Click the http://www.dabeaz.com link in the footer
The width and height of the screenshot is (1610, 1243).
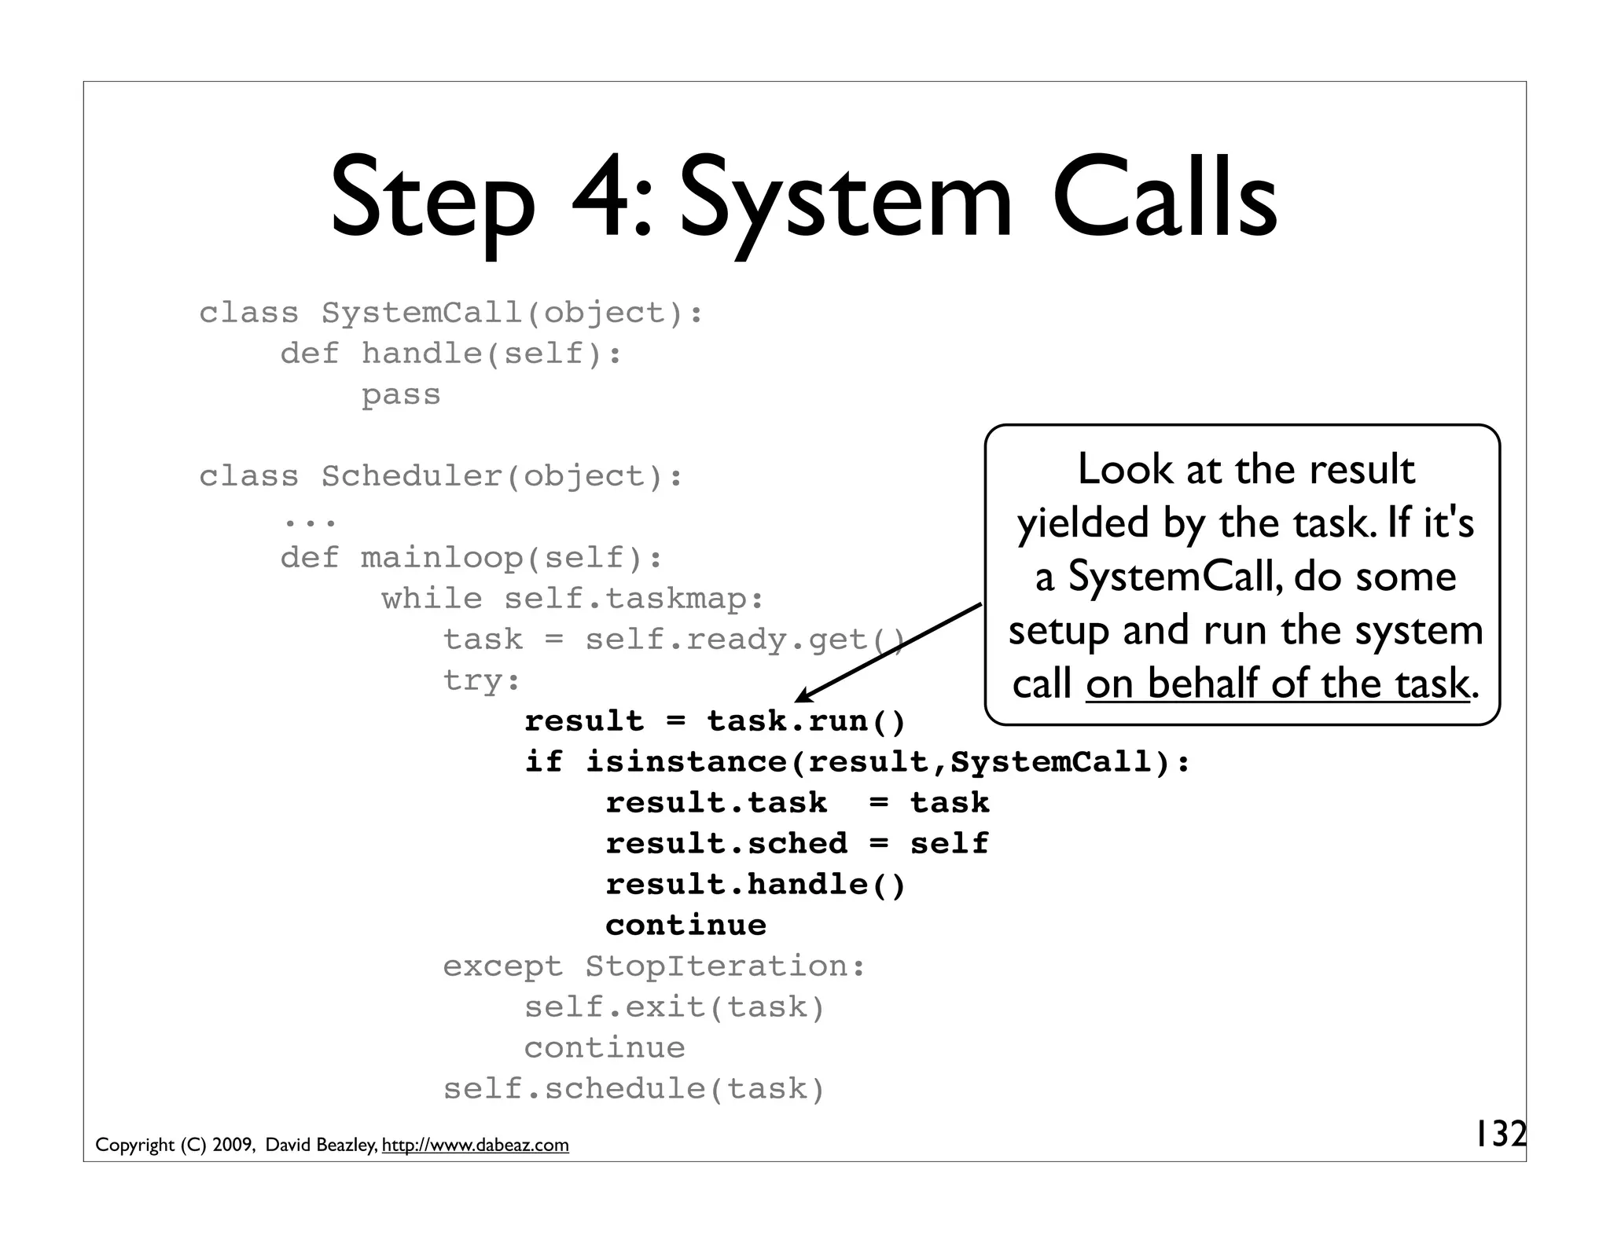tap(475, 1146)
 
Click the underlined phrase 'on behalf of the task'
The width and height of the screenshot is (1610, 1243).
tap(1277, 683)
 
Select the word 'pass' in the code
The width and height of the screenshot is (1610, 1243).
tap(401, 394)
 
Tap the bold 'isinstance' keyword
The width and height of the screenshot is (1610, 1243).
tap(686, 761)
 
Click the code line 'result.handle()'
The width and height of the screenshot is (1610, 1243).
tap(755, 884)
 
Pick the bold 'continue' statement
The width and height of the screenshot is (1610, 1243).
tap(686, 925)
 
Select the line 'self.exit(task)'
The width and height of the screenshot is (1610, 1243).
tap(675, 1006)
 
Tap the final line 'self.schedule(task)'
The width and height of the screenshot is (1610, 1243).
tap(634, 1088)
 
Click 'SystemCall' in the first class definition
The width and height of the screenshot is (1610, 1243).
tap(421, 313)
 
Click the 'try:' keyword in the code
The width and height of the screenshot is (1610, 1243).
tap(481, 680)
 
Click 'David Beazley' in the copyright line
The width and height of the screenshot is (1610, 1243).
tap(321, 1146)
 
